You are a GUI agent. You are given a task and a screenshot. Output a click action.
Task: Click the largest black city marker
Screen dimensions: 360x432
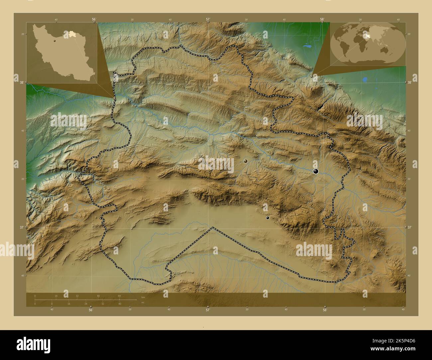(x=316, y=171)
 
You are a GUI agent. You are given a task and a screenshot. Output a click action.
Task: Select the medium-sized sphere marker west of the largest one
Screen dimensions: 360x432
(x=246, y=161)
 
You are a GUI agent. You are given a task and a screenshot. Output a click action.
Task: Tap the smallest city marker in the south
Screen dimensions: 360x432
(x=268, y=218)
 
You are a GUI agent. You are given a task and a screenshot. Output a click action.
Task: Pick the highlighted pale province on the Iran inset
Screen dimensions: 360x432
(x=72, y=34)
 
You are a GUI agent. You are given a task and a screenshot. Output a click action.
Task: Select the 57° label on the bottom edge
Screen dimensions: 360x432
(x=208, y=310)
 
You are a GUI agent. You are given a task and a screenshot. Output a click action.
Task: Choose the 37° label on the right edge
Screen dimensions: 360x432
(x=410, y=227)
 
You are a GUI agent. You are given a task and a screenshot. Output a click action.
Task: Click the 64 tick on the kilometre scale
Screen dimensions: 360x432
(x=119, y=296)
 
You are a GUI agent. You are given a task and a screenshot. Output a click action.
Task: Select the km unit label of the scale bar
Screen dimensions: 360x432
(x=143, y=297)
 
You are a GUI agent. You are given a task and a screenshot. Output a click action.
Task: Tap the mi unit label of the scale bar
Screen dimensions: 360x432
(x=143, y=303)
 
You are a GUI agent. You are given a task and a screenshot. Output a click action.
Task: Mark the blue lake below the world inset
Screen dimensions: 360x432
(x=365, y=80)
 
